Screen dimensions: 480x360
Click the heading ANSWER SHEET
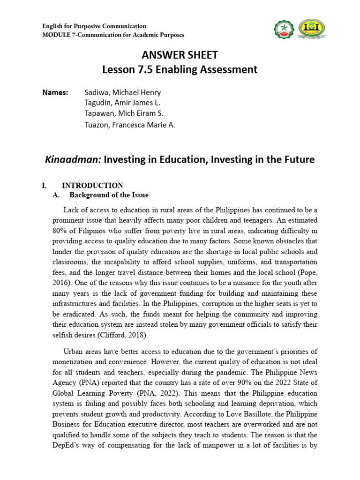(180, 55)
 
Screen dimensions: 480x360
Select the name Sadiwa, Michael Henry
(122, 92)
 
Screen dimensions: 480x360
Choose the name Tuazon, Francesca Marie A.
(130, 125)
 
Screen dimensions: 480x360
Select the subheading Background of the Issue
(109, 195)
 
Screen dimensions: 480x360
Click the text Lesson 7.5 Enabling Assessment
(180, 69)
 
